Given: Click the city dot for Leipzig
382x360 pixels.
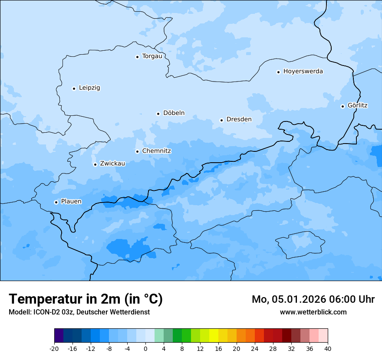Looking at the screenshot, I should tap(74, 88).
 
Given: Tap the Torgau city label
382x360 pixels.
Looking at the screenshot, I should tap(152, 56).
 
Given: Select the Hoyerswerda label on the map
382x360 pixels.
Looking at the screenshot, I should tap(303, 71).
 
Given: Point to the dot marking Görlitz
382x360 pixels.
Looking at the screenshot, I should tap(342, 106).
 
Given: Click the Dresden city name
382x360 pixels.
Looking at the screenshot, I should tap(239, 119).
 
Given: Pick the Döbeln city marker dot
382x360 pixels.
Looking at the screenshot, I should tap(158, 114).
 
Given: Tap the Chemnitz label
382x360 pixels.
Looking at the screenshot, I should tap(156, 151).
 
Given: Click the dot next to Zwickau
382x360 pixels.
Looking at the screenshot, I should tap(95, 164).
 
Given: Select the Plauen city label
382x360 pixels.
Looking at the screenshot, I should tap(71, 201).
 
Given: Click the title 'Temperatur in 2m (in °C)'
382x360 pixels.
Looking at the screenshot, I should tap(86, 299).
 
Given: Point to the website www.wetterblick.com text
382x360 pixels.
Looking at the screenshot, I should tap(313, 312).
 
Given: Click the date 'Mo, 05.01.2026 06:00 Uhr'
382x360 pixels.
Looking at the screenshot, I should tap(313, 299).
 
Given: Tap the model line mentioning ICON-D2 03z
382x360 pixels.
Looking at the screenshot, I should tap(79, 312).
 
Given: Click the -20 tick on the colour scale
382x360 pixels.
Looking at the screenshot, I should tap(54, 349).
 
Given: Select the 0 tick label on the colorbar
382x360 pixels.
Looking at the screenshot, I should tap(145, 349).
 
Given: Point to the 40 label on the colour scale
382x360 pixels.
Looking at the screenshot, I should tap(328, 349).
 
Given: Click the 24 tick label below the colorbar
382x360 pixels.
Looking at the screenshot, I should tap(255, 349).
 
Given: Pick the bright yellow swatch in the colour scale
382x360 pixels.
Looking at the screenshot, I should tap(214, 336).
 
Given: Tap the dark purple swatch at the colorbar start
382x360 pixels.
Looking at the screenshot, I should tap(59, 336).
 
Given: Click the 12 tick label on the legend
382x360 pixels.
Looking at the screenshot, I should tap(200, 349).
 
